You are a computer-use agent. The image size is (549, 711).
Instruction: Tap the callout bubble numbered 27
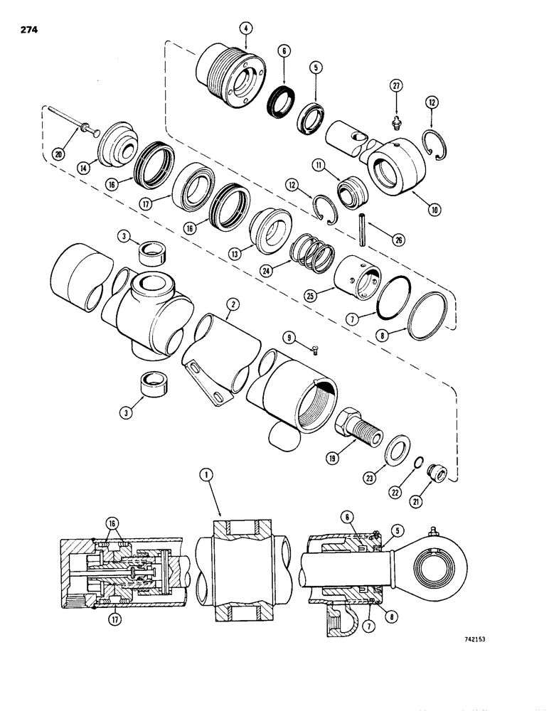[396, 86]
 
